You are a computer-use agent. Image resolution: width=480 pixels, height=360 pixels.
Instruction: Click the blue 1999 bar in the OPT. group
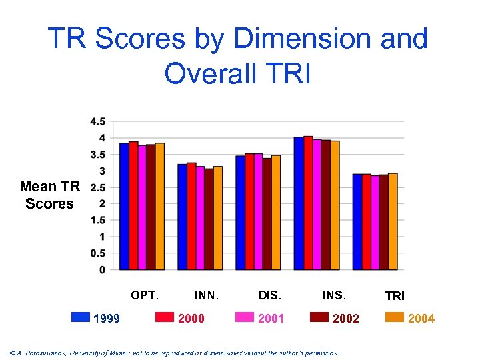click(x=124, y=206)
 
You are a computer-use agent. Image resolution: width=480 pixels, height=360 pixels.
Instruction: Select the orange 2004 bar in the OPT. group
click(x=159, y=206)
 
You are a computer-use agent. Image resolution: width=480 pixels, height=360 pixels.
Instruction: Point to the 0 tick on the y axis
click(x=101, y=269)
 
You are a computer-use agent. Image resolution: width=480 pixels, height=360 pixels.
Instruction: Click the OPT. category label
click(x=145, y=295)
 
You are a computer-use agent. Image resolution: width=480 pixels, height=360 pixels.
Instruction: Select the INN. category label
click(x=207, y=295)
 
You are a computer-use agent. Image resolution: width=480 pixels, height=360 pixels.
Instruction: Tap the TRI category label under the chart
click(x=395, y=295)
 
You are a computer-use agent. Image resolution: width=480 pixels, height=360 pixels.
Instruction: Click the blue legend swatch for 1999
click(x=80, y=317)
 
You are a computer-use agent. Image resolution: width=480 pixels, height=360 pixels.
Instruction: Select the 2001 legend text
click(x=271, y=319)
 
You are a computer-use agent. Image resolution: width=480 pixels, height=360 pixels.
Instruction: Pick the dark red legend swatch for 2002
click(x=320, y=317)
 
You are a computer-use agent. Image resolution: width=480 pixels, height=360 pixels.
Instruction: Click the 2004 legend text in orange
click(x=421, y=319)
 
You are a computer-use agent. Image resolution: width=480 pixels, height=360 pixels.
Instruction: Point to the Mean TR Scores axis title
click(x=50, y=195)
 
